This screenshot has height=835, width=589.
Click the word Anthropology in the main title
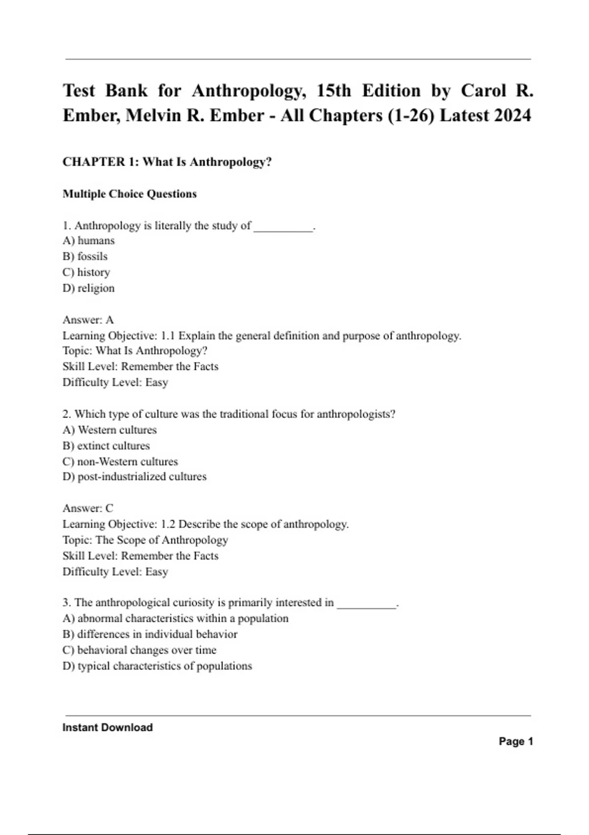point(244,91)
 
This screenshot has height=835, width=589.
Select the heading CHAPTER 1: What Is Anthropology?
point(167,162)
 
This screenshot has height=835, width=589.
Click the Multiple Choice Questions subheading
point(130,194)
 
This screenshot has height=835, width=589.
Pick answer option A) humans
point(88,241)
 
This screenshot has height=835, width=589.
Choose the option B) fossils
point(85,256)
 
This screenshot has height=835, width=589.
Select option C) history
point(86,272)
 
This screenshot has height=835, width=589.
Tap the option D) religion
point(88,288)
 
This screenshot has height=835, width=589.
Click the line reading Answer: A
point(88,320)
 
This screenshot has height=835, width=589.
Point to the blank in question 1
point(283,227)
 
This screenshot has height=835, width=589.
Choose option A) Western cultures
point(109,430)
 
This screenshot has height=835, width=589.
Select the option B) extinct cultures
point(106,445)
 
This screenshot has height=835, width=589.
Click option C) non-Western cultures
point(120,461)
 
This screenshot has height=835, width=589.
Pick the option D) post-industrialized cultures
point(134,476)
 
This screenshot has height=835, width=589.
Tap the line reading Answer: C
point(88,508)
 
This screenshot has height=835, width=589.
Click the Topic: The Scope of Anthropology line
point(145,540)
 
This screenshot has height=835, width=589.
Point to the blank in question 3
point(366,604)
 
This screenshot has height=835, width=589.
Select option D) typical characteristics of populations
point(157,666)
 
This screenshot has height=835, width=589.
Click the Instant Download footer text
point(107,727)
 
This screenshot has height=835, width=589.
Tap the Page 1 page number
point(516,742)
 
